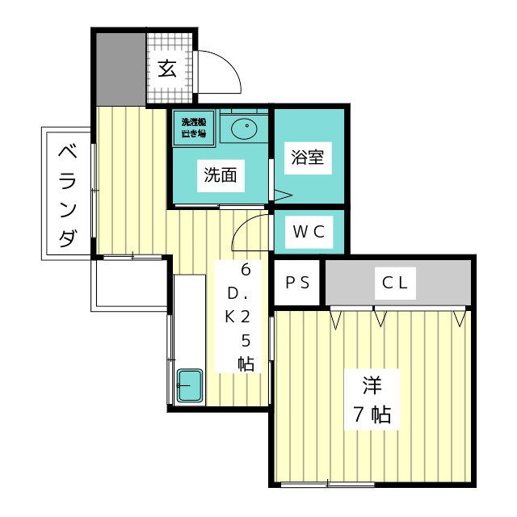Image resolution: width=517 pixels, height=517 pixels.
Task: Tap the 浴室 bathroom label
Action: click(x=307, y=157)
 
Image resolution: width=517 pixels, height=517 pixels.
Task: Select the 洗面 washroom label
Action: click(x=220, y=175)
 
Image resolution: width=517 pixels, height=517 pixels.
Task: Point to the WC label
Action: click(x=308, y=233)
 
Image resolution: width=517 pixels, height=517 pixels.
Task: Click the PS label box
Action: click(x=297, y=283)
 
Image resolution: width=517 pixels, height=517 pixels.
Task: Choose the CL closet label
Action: click(x=397, y=283)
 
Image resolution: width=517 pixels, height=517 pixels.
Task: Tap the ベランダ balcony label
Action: click(x=69, y=194)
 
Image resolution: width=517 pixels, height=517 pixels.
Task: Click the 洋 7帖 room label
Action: click(x=371, y=399)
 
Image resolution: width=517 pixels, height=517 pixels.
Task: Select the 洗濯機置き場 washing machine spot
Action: click(x=194, y=128)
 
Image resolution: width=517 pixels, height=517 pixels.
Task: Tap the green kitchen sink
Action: click(x=190, y=386)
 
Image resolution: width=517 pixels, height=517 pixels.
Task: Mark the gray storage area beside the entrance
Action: click(x=119, y=69)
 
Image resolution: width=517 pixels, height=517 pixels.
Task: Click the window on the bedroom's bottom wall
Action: click(x=327, y=485)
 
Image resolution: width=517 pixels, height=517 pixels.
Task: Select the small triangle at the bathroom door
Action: click(x=282, y=195)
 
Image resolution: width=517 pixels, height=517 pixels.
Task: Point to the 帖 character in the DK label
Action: click(x=246, y=364)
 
